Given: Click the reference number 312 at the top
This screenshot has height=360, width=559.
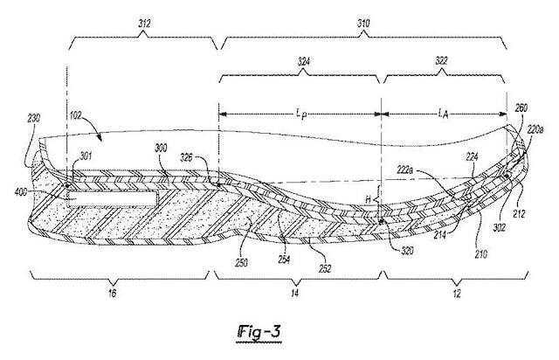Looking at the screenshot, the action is point(144,24).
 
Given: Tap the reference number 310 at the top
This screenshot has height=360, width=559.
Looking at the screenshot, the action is point(363,24).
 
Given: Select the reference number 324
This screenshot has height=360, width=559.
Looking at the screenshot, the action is point(303,62).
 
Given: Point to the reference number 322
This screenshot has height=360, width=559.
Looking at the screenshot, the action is point(441,61).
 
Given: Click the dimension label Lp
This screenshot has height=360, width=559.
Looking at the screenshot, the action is point(301,114).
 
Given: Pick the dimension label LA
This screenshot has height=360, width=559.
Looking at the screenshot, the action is point(443,114).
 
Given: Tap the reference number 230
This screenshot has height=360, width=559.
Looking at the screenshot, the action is point(33,119).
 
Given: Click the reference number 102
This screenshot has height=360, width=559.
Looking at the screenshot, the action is point(76,115).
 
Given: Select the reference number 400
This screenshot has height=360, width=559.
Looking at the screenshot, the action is point(21,192).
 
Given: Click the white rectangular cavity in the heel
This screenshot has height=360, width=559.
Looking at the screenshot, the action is point(113,198).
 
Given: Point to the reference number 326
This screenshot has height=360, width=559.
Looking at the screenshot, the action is point(186,157).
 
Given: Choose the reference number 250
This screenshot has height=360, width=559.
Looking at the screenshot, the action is point(241,263).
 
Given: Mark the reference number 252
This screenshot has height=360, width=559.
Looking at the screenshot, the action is point(325,268).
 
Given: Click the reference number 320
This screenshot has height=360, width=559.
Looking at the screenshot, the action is point(407,250).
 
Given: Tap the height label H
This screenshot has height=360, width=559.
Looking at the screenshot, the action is point(369,200).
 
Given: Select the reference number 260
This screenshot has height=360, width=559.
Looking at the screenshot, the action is point(521,107).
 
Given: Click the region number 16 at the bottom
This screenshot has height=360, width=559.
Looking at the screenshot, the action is point(112,294).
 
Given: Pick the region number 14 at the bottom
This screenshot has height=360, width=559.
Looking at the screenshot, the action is point(295,294).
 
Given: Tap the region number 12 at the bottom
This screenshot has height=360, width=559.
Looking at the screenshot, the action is point(457,294).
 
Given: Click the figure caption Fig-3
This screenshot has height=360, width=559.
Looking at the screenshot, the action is point(259,333).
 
